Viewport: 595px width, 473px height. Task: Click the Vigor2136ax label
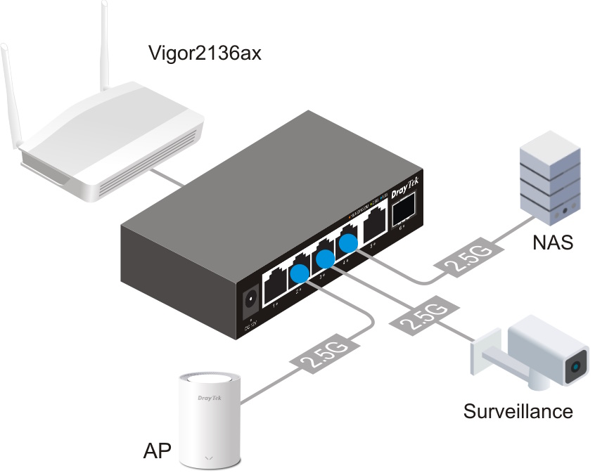click(205, 53)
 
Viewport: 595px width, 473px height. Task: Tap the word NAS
click(552, 243)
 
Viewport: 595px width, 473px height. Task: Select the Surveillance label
click(518, 410)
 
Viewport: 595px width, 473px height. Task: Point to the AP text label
click(157, 451)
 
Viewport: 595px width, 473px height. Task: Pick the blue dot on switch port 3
click(324, 259)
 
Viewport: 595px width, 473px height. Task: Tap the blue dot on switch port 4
click(348, 243)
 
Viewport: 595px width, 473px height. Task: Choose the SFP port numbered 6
click(403, 210)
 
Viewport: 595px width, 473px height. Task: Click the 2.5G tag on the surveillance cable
click(419, 317)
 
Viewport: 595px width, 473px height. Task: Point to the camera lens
click(577, 366)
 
